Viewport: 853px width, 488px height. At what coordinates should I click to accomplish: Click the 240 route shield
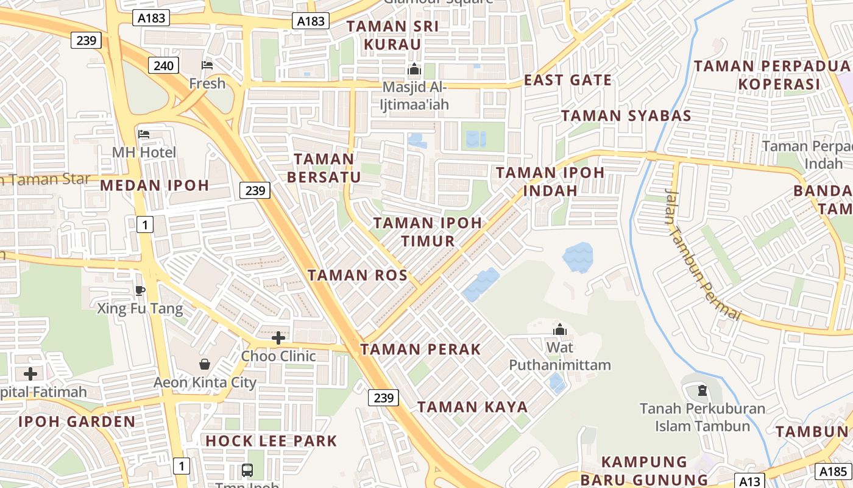click(x=163, y=65)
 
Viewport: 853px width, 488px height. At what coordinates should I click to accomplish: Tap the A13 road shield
click(x=748, y=481)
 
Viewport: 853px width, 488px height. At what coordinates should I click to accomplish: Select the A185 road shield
click(x=832, y=471)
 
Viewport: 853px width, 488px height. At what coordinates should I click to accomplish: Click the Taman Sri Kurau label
click(x=392, y=35)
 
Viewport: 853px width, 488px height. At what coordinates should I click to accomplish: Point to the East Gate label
click(x=568, y=80)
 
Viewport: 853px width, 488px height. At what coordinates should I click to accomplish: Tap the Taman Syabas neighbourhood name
click(x=626, y=115)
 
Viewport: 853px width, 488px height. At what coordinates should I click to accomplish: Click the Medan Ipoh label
click(x=154, y=185)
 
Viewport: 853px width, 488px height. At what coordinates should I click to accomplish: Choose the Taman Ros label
click(x=357, y=275)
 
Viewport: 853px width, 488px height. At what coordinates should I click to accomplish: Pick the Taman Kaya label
click(x=472, y=407)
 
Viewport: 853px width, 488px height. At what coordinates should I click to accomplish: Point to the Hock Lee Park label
click(x=271, y=440)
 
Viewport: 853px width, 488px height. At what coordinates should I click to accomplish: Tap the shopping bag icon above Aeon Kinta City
click(x=205, y=364)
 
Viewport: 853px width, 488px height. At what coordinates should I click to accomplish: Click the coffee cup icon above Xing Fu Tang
click(x=140, y=290)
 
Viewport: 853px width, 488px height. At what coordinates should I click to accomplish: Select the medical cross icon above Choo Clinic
click(x=278, y=337)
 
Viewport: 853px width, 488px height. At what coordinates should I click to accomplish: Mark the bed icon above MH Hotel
click(x=144, y=134)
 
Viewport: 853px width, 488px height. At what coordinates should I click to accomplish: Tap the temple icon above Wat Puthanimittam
click(x=559, y=330)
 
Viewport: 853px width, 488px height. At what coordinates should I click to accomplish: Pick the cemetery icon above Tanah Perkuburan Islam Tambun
click(x=702, y=390)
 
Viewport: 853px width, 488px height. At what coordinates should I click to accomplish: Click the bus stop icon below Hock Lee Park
click(x=247, y=470)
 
